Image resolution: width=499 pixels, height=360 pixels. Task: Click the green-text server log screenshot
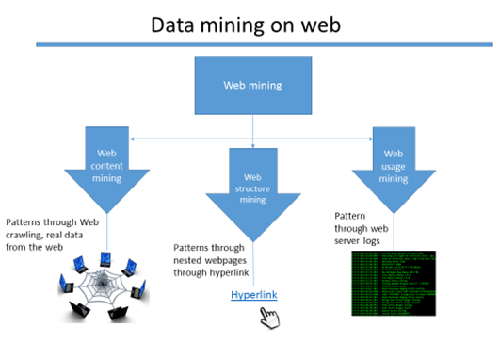[x=394, y=284]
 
